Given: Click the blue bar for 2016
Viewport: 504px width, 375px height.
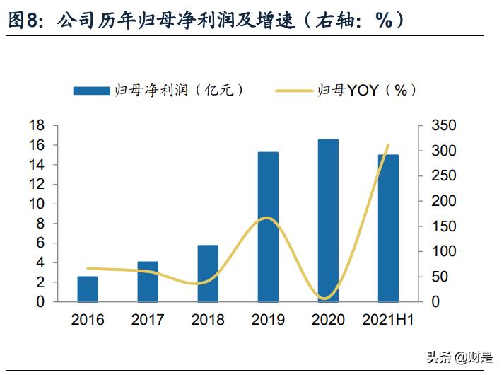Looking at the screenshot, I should [88, 289].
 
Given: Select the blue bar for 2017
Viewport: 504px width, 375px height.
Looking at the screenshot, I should [148, 282].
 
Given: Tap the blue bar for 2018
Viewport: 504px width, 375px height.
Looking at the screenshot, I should [208, 273].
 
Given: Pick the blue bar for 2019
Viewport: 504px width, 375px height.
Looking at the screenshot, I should [268, 226].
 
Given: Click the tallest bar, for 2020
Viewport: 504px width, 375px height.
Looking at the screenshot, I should [328, 220].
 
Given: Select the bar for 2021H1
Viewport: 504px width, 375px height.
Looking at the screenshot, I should [388, 228].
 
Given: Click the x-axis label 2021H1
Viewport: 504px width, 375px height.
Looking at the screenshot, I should [387, 320].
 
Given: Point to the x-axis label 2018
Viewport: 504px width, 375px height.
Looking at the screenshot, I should [208, 320].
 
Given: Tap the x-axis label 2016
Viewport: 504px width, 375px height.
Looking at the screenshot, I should [88, 320].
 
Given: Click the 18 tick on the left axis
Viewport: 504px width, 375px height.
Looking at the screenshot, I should [37, 126].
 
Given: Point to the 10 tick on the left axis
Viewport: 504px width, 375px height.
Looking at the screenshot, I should [37, 204].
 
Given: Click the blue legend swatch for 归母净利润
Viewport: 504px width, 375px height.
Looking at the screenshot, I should [91, 90].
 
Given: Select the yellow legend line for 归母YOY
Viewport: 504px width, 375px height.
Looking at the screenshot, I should [291, 90].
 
